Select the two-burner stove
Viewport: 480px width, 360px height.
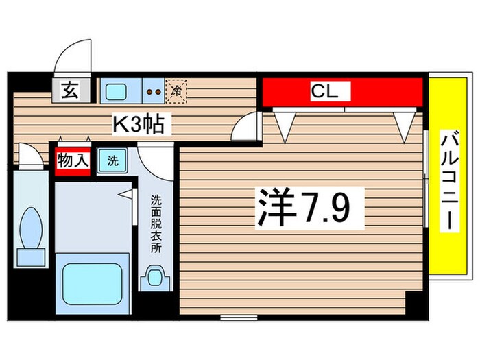154,90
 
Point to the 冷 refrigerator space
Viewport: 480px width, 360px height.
177,89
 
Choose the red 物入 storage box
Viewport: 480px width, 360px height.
72,162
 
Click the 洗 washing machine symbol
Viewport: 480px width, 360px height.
112,162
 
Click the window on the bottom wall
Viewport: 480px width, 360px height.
237,317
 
